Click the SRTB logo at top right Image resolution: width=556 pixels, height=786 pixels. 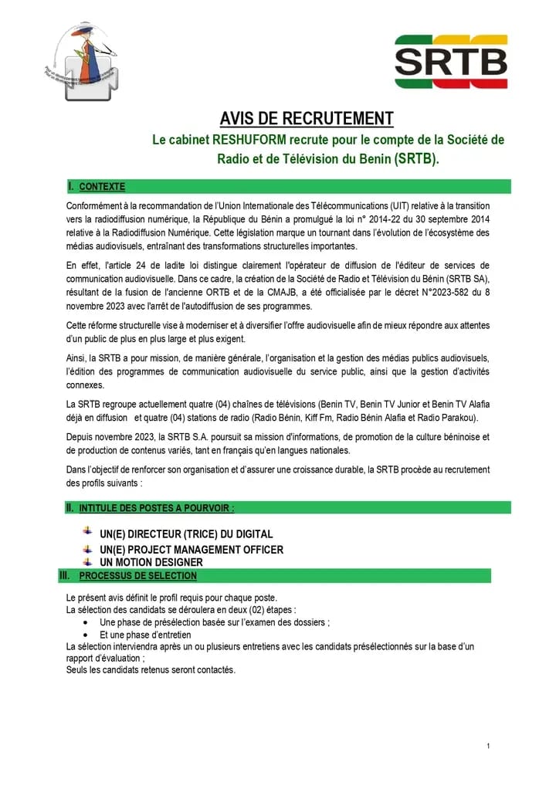[451, 61]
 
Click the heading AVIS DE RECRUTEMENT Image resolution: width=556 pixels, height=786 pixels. [307, 119]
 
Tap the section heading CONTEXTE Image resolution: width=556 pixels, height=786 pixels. [102, 187]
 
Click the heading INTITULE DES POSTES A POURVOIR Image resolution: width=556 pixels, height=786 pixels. [157, 508]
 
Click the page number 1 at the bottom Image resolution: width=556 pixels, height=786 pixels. [489, 745]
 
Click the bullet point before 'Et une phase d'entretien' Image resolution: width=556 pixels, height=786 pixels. [85, 635]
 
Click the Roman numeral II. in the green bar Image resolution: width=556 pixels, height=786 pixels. [69, 508]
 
